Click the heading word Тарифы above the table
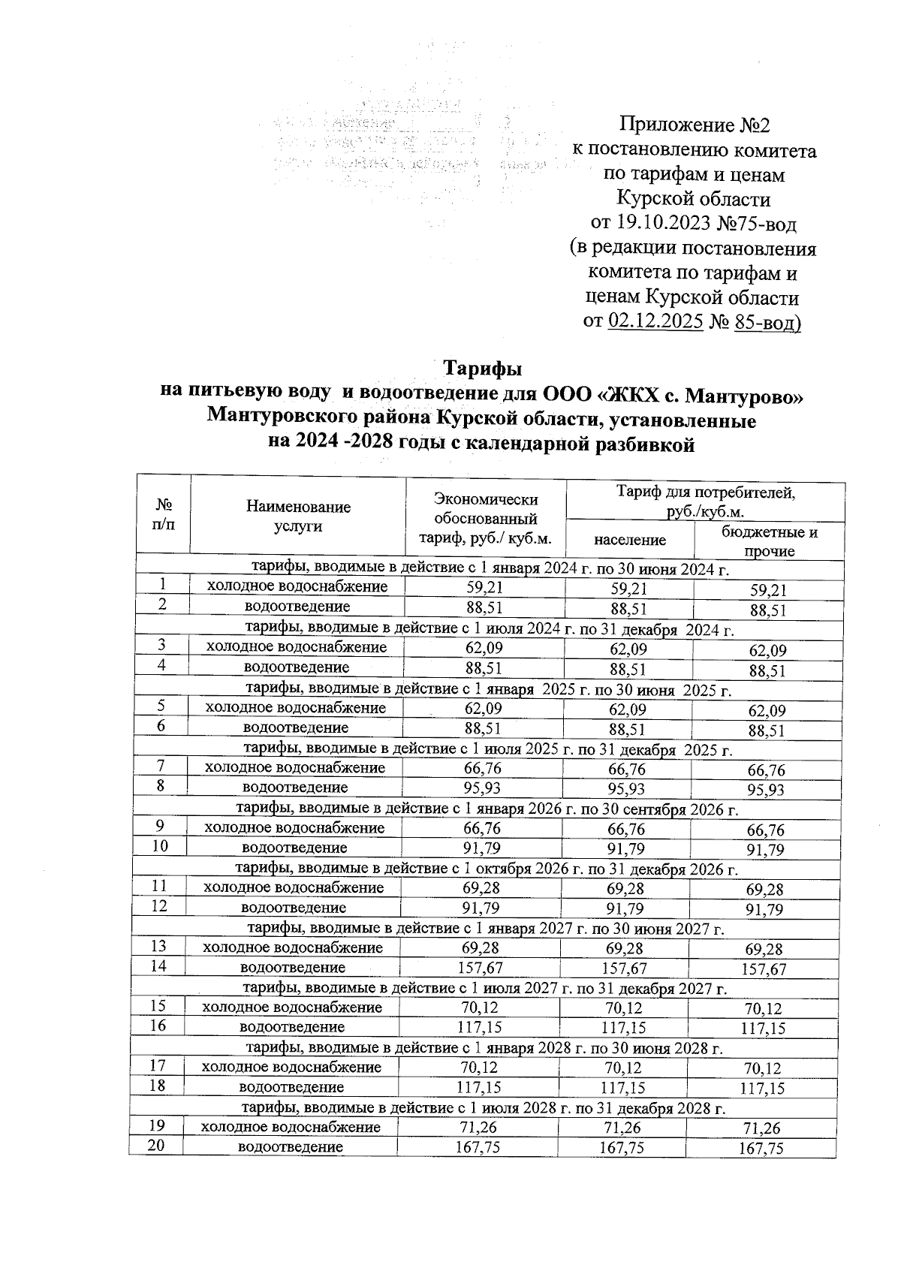click(x=482, y=369)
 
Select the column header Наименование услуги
click(x=298, y=517)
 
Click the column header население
click(x=630, y=539)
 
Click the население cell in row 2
click(x=628, y=609)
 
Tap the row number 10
click(x=158, y=846)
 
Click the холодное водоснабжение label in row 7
click(x=295, y=768)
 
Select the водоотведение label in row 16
click(x=292, y=1027)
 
